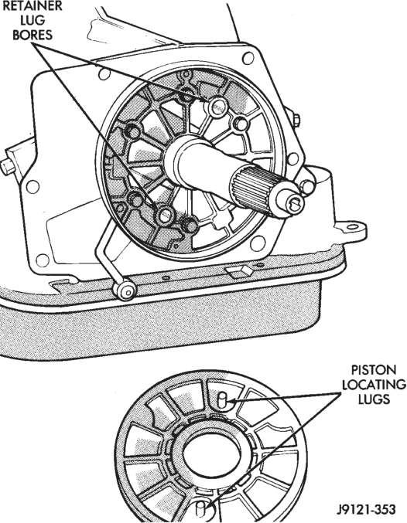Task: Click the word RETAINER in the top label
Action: [32, 5]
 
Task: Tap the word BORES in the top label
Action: [32, 35]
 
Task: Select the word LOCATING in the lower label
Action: [374, 385]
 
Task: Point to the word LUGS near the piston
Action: [374, 399]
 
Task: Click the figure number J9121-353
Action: [366, 509]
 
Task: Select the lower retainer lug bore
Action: [165, 216]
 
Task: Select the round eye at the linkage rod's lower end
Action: [125, 290]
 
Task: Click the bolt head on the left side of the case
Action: [6, 166]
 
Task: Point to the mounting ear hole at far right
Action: [353, 229]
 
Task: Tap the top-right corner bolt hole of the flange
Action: [248, 59]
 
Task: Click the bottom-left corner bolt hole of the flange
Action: [43, 260]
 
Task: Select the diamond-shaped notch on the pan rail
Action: [239, 271]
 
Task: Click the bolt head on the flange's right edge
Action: [296, 121]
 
